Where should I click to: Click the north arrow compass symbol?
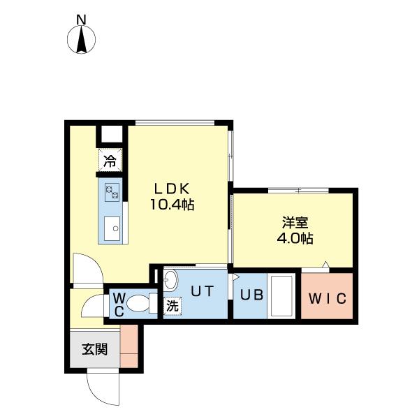[82, 41]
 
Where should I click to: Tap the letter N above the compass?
[82, 20]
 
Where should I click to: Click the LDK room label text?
[170, 189]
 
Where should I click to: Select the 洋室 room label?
[293, 223]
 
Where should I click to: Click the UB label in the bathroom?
[251, 295]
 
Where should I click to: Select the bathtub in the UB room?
[283, 295]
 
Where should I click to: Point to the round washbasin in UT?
[170, 280]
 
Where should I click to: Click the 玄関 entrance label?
[94, 349]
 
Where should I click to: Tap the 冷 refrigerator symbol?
[110, 161]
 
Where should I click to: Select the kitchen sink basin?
[112, 227]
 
